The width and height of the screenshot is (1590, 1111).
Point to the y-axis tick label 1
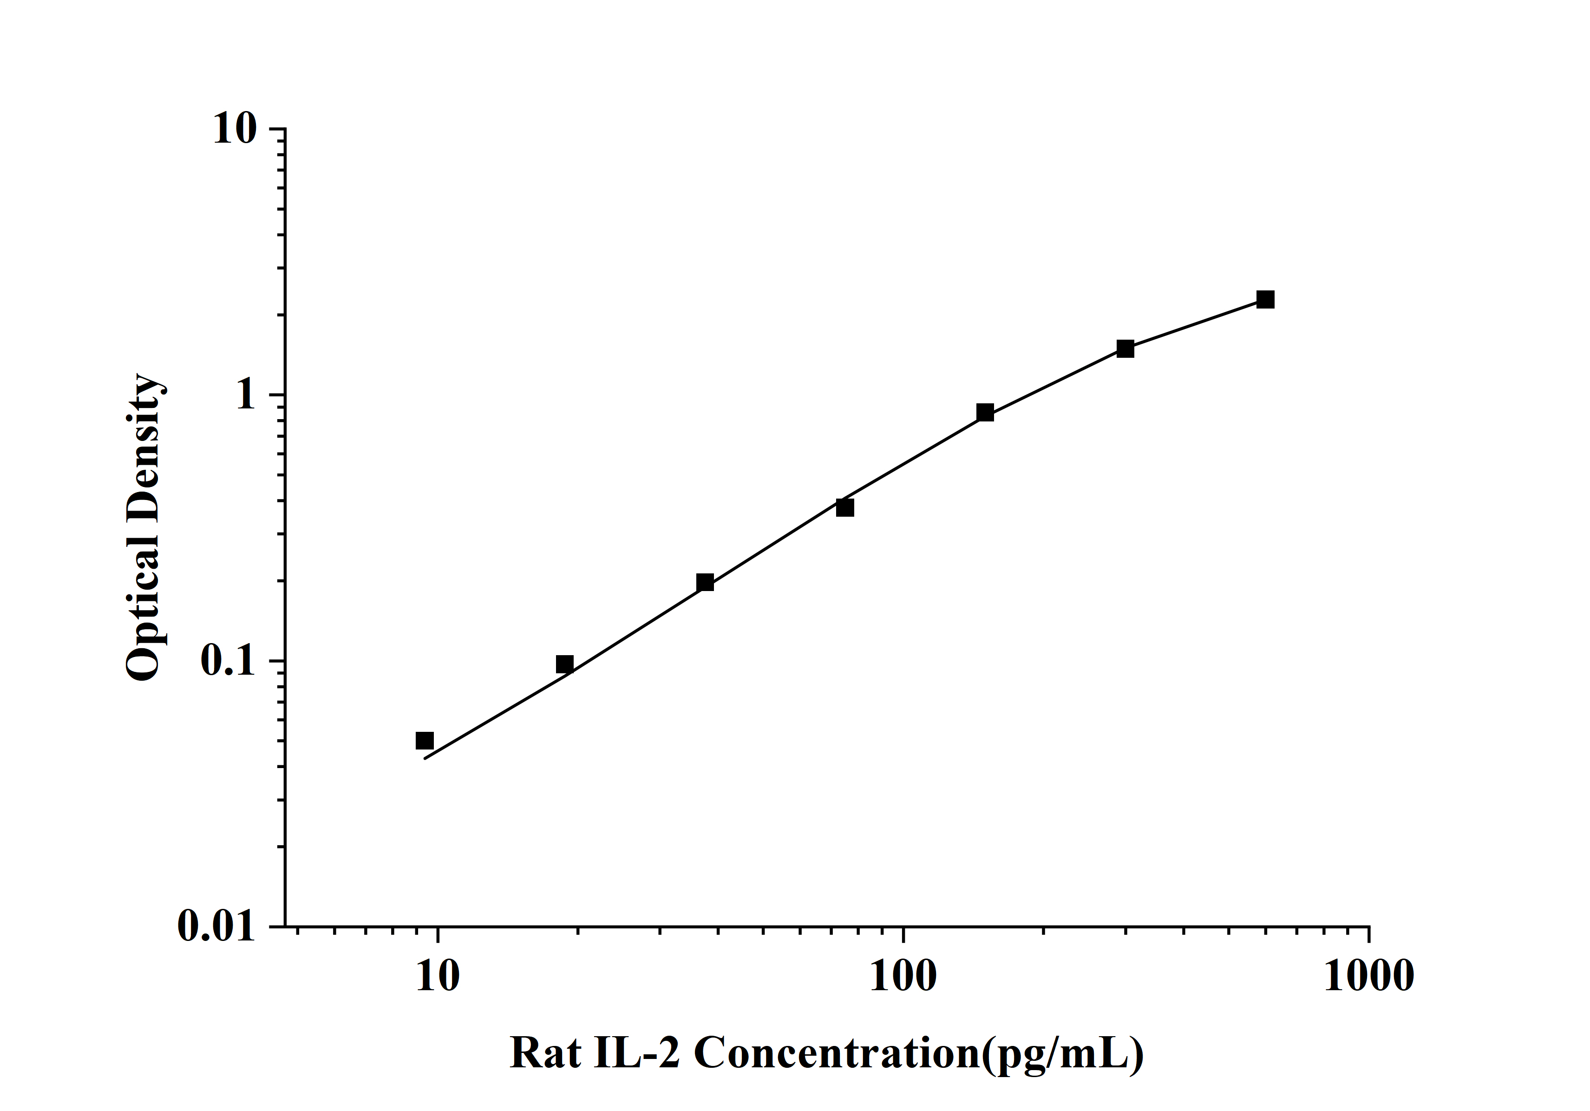coord(245,395)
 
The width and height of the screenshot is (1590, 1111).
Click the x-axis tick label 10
coord(438,977)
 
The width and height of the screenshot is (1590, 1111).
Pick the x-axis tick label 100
coord(903,977)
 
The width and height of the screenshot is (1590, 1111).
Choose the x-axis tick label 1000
coord(1368,977)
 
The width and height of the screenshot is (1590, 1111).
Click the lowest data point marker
coord(425,741)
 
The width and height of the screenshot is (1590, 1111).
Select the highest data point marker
coord(1265,299)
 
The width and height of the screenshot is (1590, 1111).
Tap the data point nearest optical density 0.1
coord(565,664)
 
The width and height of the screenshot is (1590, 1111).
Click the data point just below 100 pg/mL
coord(845,508)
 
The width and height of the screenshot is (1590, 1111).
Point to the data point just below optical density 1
coord(985,413)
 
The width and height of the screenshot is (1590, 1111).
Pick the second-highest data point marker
coord(1125,349)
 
